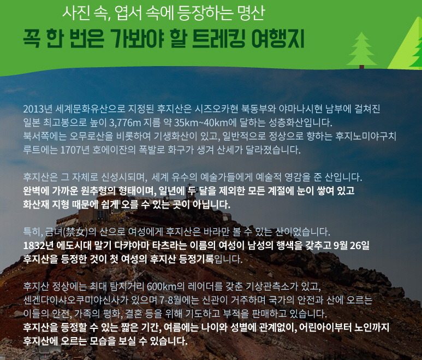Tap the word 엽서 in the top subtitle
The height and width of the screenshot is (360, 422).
[128, 13]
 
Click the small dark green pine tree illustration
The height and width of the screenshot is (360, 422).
[361, 49]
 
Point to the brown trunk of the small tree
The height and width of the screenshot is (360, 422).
[361, 67]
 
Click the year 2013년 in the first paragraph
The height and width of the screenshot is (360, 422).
[37, 109]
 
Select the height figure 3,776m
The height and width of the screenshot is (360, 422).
[125, 123]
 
